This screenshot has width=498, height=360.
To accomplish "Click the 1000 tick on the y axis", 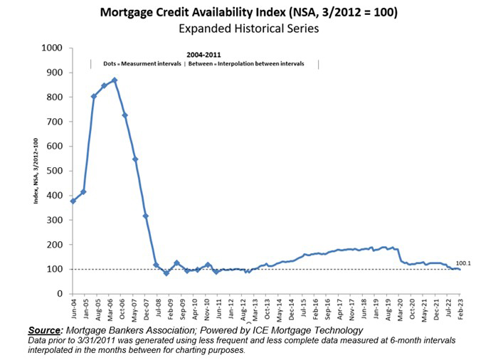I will pyautogui.click(x=53, y=48).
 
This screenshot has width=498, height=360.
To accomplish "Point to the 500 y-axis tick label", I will pyautogui.click(x=55, y=171).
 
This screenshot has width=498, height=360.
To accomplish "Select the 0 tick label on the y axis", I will pyautogui.click(x=60, y=294).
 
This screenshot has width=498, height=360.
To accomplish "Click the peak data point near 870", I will pyautogui.click(x=115, y=80).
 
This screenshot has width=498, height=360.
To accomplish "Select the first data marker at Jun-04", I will pyautogui.click(x=73, y=201).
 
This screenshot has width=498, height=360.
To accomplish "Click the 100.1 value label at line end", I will pyautogui.click(x=464, y=263).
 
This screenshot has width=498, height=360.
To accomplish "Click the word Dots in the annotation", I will pyautogui.click(x=110, y=64).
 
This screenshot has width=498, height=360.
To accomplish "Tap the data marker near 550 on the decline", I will pyautogui.click(x=135, y=159).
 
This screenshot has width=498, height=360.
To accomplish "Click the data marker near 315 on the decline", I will pyautogui.click(x=146, y=216).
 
